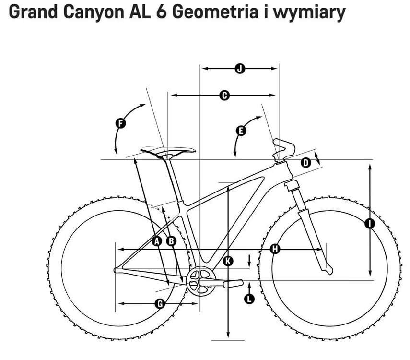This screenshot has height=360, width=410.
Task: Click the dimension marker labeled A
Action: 156,241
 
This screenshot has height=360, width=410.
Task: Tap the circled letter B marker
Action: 171,241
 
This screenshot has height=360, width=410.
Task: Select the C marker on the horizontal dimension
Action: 223,96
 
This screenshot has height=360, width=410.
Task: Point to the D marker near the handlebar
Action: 305,163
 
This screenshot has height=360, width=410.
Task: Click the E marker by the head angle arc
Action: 241,130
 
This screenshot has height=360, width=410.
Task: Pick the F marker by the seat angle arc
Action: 121,123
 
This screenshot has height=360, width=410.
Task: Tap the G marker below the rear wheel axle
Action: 160,303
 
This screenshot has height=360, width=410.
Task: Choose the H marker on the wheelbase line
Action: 275,249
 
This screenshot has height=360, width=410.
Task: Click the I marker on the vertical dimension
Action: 370,223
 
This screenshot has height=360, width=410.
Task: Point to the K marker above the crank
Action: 228,261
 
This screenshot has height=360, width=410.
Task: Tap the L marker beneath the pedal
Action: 249,299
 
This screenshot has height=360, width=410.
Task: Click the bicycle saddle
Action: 168,152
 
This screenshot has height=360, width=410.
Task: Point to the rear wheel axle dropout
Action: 116,270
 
